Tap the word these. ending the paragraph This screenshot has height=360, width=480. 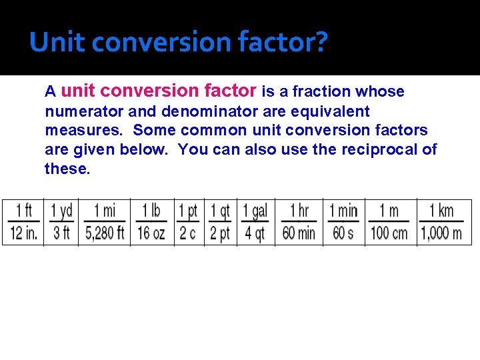pyautogui.click(x=67, y=169)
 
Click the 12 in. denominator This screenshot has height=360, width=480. pyautogui.click(x=23, y=233)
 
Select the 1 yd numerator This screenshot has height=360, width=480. pyautogui.click(x=61, y=211)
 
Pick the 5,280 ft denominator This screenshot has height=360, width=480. pyautogui.click(x=105, y=233)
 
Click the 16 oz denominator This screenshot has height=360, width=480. pyautogui.click(x=152, y=233)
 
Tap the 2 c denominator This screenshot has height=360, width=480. pyautogui.click(x=189, y=233)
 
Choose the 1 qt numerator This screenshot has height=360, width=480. pyautogui.click(x=220, y=211)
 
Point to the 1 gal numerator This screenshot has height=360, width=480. pyautogui.click(x=255, y=211)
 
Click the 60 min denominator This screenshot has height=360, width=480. pyautogui.click(x=299, y=233)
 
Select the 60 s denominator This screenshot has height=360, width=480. pyautogui.click(x=343, y=233)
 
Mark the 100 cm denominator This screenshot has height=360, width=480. pyautogui.click(x=389, y=233)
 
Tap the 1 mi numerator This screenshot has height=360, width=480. pyautogui.click(x=105, y=211)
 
